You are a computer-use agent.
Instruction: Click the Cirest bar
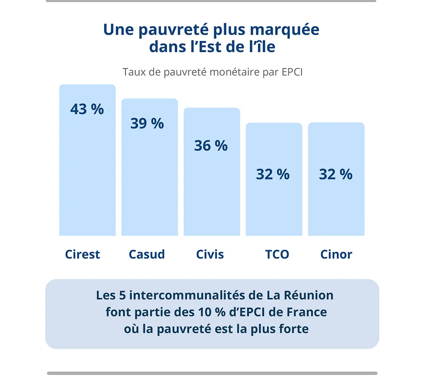[87, 177]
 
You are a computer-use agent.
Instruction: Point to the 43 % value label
[87, 109]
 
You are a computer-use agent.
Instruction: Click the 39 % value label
[147, 124]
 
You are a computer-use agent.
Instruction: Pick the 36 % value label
[211, 145]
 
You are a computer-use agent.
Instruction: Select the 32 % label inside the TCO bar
[273, 174]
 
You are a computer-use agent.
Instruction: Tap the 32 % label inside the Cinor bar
[336, 174]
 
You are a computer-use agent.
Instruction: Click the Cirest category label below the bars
[83, 254]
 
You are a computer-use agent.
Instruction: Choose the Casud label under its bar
[147, 254]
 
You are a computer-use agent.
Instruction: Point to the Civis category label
[210, 254]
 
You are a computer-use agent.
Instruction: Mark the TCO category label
[277, 254]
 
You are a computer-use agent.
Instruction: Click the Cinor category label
[336, 254]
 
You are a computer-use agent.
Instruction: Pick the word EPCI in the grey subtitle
[292, 72]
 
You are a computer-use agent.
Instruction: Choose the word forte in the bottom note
[294, 329]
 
